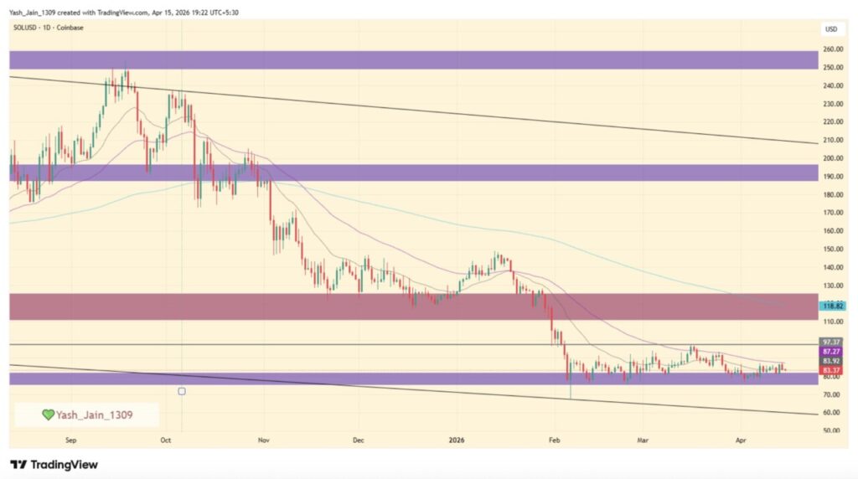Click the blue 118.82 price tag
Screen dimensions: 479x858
click(832, 306)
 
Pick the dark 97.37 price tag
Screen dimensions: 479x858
click(832, 343)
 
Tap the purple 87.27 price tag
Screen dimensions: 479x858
click(832, 352)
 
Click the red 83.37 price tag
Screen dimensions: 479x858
click(832, 370)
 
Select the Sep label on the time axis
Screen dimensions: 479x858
click(71, 439)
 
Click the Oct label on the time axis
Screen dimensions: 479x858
click(165, 439)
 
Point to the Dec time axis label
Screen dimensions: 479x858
click(358, 439)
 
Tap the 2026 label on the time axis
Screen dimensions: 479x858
click(457, 439)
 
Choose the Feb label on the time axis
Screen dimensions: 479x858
click(553, 439)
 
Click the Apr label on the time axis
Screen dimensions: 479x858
click(740, 439)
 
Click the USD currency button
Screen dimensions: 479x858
click(831, 29)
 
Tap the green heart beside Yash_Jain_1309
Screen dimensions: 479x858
click(49, 414)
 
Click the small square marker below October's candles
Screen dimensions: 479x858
click(182, 391)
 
